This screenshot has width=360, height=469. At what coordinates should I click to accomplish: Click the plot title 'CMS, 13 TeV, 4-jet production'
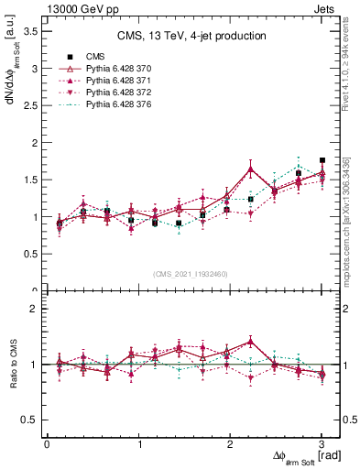point(191,37)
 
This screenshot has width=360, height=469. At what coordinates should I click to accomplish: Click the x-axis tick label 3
point(322,444)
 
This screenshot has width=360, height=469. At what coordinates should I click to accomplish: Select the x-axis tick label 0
point(47,444)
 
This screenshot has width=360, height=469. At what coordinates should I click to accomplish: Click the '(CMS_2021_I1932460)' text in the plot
point(190,273)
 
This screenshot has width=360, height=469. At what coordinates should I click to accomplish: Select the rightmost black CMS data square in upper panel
point(322,160)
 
